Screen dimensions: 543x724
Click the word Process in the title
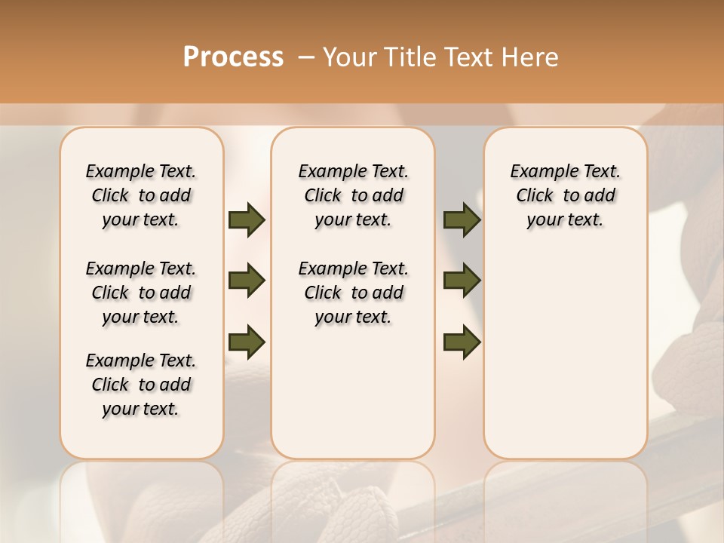click(x=233, y=57)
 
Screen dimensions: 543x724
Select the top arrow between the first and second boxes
click(x=247, y=220)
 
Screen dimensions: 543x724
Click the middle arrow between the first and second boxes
click(x=247, y=281)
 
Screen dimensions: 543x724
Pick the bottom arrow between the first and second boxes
click(x=247, y=342)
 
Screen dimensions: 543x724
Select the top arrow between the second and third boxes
click(x=462, y=220)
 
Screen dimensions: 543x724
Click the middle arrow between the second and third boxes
click(x=462, y=281)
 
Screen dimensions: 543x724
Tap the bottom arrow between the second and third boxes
click(x=462, y=342)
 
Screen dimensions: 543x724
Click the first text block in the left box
click(x=141, y=195)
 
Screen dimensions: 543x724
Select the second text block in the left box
click(x=141, y=293)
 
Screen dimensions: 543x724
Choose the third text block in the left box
click(x=141, y=385)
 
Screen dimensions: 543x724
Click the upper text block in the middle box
click(x=353, y=195)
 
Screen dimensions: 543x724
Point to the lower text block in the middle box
click(x=353, y=293)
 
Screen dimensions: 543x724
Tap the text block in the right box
click(x=566, y=195)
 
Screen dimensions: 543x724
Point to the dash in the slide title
click(x=306, y=57)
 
